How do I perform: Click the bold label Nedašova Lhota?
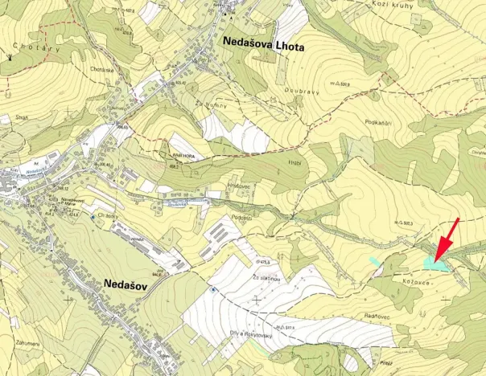click(x=262, y=47)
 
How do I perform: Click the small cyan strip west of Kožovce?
click(x=374, y=260)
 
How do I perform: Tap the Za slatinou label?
click(x=266, y=276)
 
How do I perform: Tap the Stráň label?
click(x=22, y=116)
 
